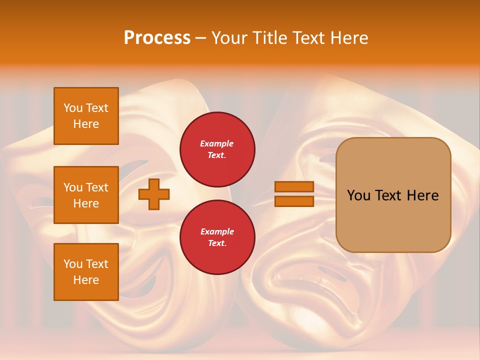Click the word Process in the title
157,38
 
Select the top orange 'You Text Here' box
86,116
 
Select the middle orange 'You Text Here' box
86,195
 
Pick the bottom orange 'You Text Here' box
86,272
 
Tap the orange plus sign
154,194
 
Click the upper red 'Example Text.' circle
217,149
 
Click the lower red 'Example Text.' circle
217,237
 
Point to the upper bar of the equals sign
294,186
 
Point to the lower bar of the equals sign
294,201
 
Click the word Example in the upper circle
217,144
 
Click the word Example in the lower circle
217,232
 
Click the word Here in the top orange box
86,124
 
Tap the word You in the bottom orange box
73,264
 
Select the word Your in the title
230,38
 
